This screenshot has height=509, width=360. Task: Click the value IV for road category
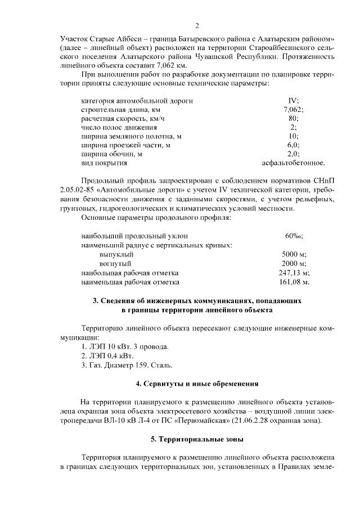coord(293,101)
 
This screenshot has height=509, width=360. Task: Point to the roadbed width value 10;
coord(293,136)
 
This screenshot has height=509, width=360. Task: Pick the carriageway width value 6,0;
coord(293,145)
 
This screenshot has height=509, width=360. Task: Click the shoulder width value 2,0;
coord(293,154)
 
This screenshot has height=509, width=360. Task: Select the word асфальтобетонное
coord(293,163)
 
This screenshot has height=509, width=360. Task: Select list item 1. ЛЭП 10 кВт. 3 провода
coord(125,346)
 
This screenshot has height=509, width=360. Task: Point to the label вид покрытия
coord(104,163)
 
